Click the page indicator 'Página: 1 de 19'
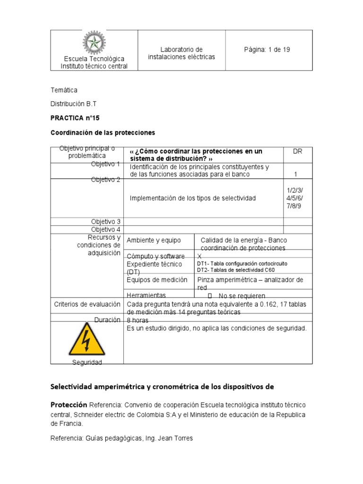click(x=267, y=50)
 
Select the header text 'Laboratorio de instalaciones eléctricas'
click(x=181, y=53)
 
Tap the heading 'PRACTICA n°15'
click(x=75, y=118)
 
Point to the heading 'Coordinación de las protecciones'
click(x=103, y=132)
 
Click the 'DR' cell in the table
click(x=297, y=151)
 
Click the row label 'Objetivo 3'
click(x=106, y=221)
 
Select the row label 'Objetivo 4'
click(x=106, y=229)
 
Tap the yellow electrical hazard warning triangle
click(x=86, y=339)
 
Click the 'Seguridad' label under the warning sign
click(x=87, y=362)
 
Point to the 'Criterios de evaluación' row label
click(x=86, y=305)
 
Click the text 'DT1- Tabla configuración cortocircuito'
click(x=242, y=263)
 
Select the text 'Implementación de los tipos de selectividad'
click(x=193, y=198)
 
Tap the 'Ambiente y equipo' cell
click(x=154, y=241)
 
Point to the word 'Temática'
click(x=64, y=90)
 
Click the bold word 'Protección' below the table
click(x=69, y=405)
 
